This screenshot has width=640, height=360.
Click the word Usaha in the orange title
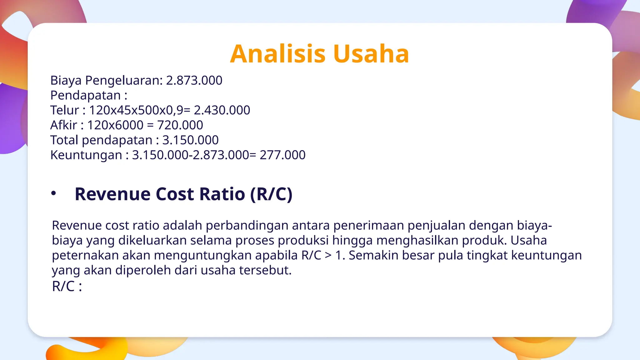(x=371, y=54)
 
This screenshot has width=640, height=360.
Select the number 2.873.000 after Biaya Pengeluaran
(x=194, y=81)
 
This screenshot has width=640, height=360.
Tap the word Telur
(x=64, y=110)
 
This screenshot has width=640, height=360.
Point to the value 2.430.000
(x=222, y=110)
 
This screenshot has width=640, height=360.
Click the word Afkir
(x=63, y=125)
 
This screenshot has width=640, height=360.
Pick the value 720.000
(x=180, y=125)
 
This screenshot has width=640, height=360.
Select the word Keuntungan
(x=86, y=155)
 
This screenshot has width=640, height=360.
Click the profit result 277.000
(x=282, y=155)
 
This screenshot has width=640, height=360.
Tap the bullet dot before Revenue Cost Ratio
(x=54, y=193)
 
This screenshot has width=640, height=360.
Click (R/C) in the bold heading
(x=271, y=194)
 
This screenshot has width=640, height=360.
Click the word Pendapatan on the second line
(x=85, y=96)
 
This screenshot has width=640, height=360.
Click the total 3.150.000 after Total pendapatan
(x=190, y=140)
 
